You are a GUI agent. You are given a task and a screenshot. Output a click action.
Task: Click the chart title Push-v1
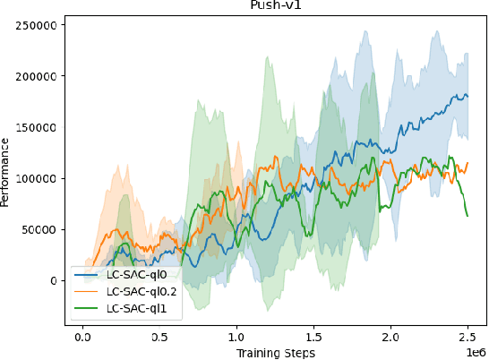point(274,4)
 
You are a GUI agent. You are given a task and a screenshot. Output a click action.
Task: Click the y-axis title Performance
point(6,172)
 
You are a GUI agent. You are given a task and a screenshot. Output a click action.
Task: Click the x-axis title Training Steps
point(275,354)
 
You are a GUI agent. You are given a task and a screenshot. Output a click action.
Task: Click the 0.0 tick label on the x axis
point(82,339)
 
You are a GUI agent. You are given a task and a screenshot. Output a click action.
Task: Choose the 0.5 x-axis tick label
point(159,339)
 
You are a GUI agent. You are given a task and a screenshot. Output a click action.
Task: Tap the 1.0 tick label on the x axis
point(236,339)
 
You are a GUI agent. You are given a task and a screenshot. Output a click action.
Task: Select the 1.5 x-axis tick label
point(313,339)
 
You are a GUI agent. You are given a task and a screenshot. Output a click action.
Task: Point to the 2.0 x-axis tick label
point(390,339)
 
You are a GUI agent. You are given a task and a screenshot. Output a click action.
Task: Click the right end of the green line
point(468,215)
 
